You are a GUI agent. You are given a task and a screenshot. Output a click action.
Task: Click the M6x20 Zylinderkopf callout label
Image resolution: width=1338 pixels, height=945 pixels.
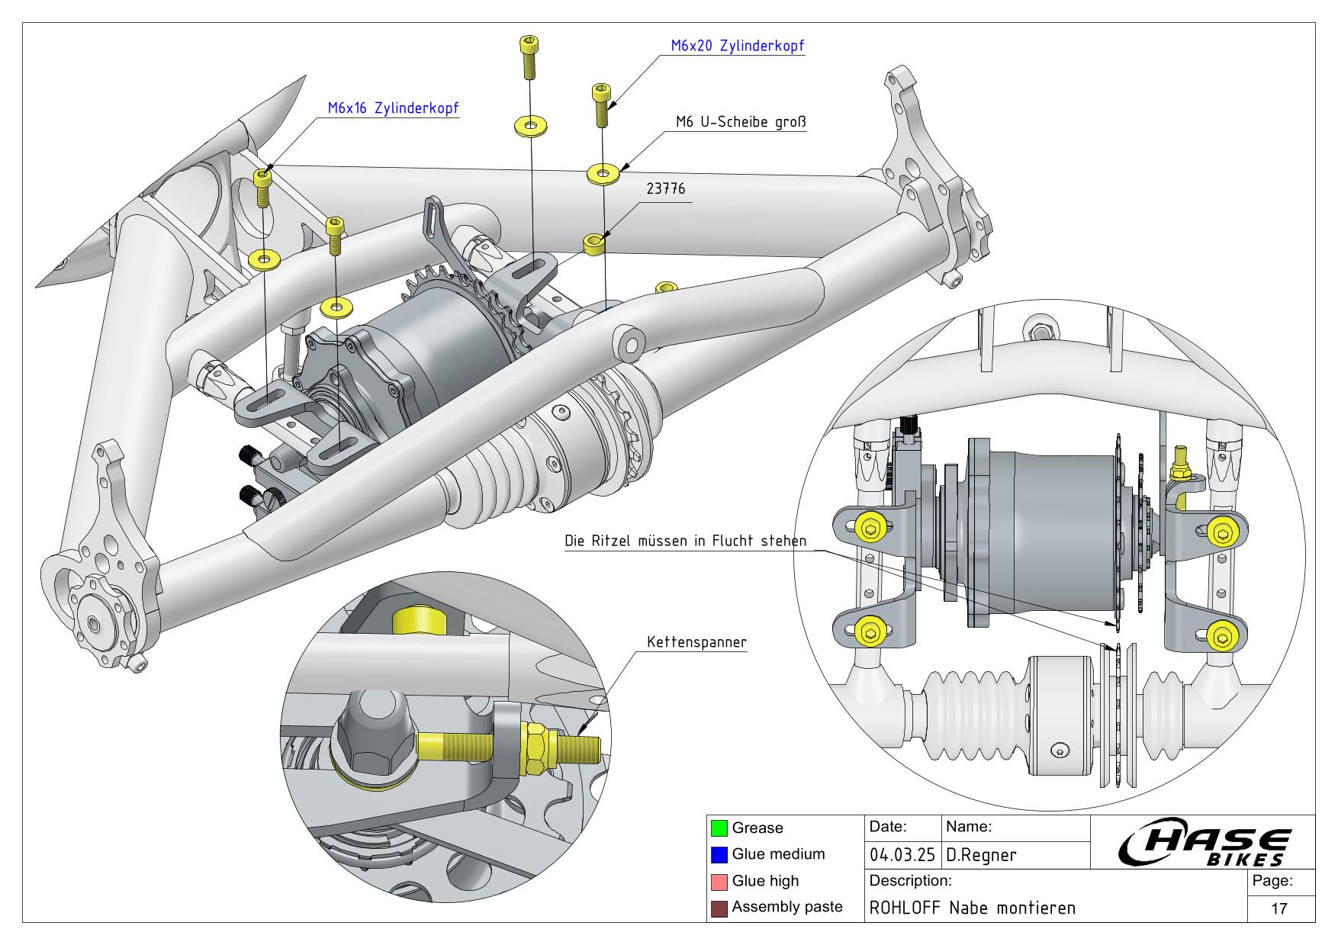(x=737, y=46)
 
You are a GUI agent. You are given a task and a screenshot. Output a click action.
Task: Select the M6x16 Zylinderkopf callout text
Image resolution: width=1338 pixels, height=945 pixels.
(x=394, y=108)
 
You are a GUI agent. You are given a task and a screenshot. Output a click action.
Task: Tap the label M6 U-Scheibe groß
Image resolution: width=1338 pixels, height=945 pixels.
(x=741, y=122)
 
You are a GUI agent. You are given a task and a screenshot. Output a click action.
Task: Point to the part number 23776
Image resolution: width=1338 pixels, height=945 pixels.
(x=667, y=188)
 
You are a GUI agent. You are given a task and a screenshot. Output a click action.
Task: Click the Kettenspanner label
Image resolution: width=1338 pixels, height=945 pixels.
(x=696, y=642)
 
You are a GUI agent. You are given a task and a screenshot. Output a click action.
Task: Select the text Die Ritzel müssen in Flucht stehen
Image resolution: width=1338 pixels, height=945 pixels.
(x=685, y=541)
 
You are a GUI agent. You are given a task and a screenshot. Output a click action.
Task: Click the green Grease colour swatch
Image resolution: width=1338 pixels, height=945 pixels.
(x=718, y=828)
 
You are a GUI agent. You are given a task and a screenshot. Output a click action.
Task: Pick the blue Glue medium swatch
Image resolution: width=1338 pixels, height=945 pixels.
(x=718, y=854)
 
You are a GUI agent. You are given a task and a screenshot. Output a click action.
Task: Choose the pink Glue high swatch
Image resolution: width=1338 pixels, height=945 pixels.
(x=718, y=881)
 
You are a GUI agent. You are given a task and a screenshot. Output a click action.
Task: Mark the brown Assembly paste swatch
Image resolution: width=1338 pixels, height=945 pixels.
(x=718, y=908)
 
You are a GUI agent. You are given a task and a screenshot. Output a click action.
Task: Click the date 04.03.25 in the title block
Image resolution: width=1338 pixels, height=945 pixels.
(x=904, y=855)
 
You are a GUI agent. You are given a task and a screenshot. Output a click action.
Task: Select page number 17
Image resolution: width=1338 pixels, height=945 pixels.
(x=1279, y=908)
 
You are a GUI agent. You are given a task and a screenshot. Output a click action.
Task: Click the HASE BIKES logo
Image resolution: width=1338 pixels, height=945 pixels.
(x=1205, y=847)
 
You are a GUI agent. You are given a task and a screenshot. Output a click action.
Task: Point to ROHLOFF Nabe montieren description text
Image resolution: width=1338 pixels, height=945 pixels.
(x=973, y=908)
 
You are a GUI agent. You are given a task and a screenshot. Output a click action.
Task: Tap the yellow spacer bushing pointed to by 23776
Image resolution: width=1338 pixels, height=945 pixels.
(x=594, y=244)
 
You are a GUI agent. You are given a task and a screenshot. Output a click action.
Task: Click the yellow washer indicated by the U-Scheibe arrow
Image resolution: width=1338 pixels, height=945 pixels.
(x=603, y=174)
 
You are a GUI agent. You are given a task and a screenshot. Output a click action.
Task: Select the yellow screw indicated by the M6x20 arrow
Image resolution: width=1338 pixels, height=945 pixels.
(x=600, y=105)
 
